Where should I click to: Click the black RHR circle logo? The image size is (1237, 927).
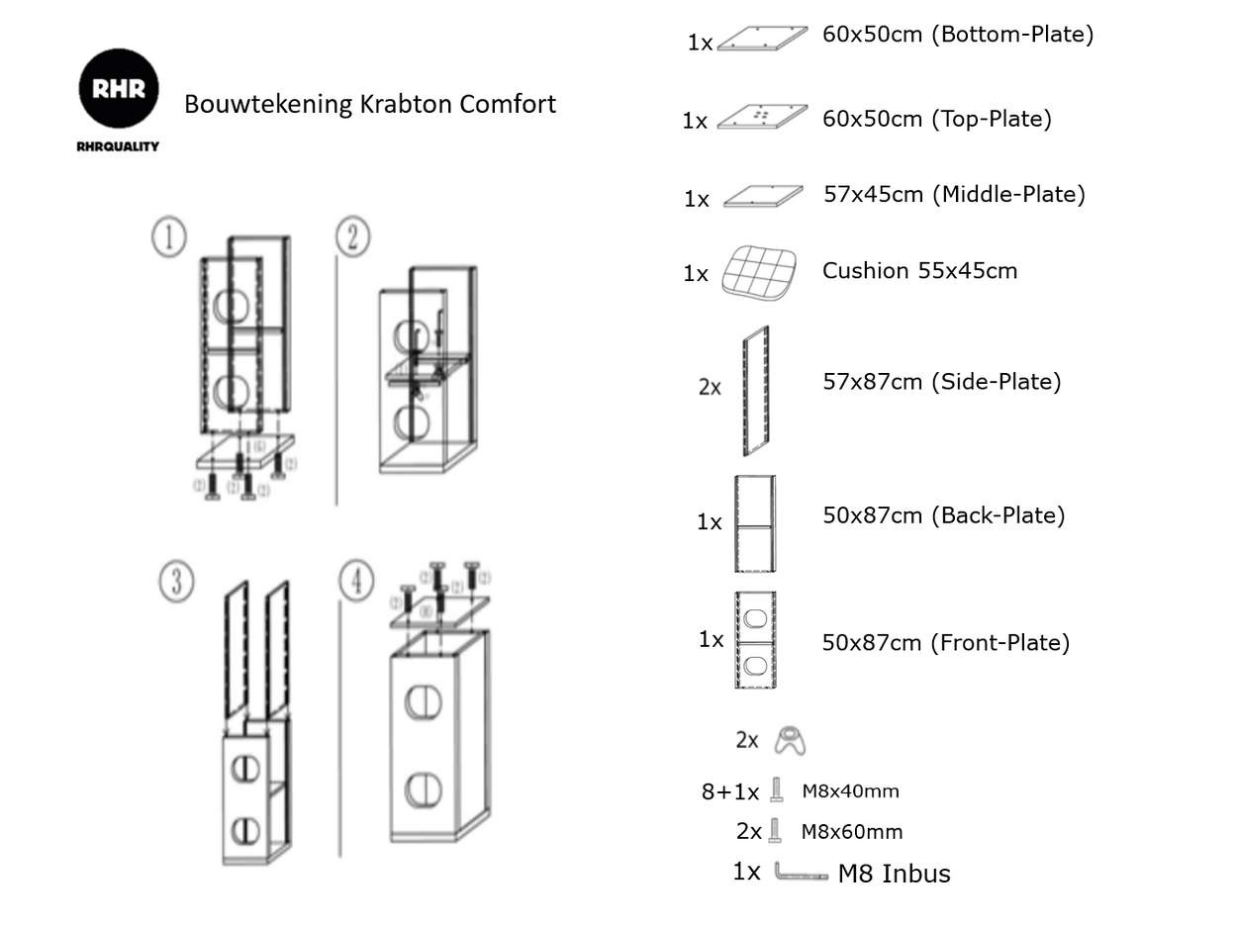pos(119,88)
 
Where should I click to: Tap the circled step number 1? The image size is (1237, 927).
pos(168,237)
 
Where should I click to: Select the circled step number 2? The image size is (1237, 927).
pos(352,237)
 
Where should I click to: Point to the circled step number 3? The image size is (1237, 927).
pos(176,582)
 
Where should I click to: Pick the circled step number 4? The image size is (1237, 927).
pos(356,581)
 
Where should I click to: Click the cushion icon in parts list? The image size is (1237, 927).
pos(759,272)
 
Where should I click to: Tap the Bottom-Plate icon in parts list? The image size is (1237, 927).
pos(761,39)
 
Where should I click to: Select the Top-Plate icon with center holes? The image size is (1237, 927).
pos(761,117)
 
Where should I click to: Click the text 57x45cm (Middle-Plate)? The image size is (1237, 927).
pos(954,194)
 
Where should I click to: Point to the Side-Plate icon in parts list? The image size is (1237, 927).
pos(755,391)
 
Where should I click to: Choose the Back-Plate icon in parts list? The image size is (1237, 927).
pos(754,523)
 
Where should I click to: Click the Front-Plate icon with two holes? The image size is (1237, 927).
pos(755,640)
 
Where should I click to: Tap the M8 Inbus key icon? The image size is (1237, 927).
pos(800,873)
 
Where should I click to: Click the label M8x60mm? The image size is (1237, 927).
pos(851,832)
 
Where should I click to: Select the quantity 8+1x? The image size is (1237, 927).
pos(730,791)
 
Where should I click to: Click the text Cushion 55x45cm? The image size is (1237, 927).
pos(919,271)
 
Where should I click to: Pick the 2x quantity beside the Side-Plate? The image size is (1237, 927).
pos(710,388)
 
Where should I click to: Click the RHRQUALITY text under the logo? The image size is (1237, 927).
pos(118,146)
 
